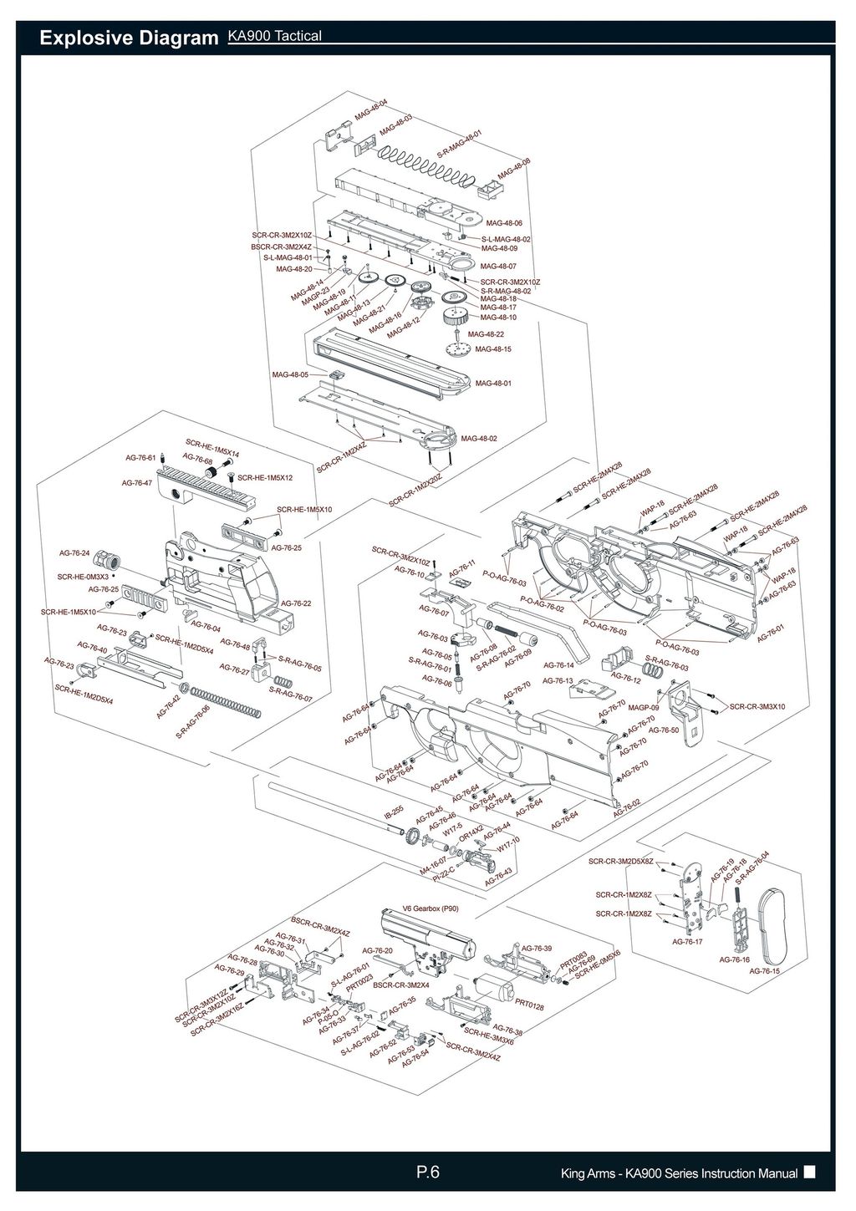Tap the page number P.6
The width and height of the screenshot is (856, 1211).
(x=428, y=1173)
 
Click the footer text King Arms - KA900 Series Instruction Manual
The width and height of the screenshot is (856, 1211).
(x=679, y=1174)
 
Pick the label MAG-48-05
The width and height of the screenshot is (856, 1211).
(x=290, y=374)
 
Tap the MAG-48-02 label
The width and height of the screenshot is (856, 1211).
(x=479, y=438)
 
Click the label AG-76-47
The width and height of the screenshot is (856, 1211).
(x=137, y=483)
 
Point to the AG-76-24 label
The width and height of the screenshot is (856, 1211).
(x=74, y=553)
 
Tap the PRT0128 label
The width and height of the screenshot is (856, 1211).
(x=530, y=1005)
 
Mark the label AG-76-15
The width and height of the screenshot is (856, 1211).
(x=764, y=971)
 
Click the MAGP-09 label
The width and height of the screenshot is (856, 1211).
(x=644, y=708)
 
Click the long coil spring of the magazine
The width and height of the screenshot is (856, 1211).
(x=426, y=163)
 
